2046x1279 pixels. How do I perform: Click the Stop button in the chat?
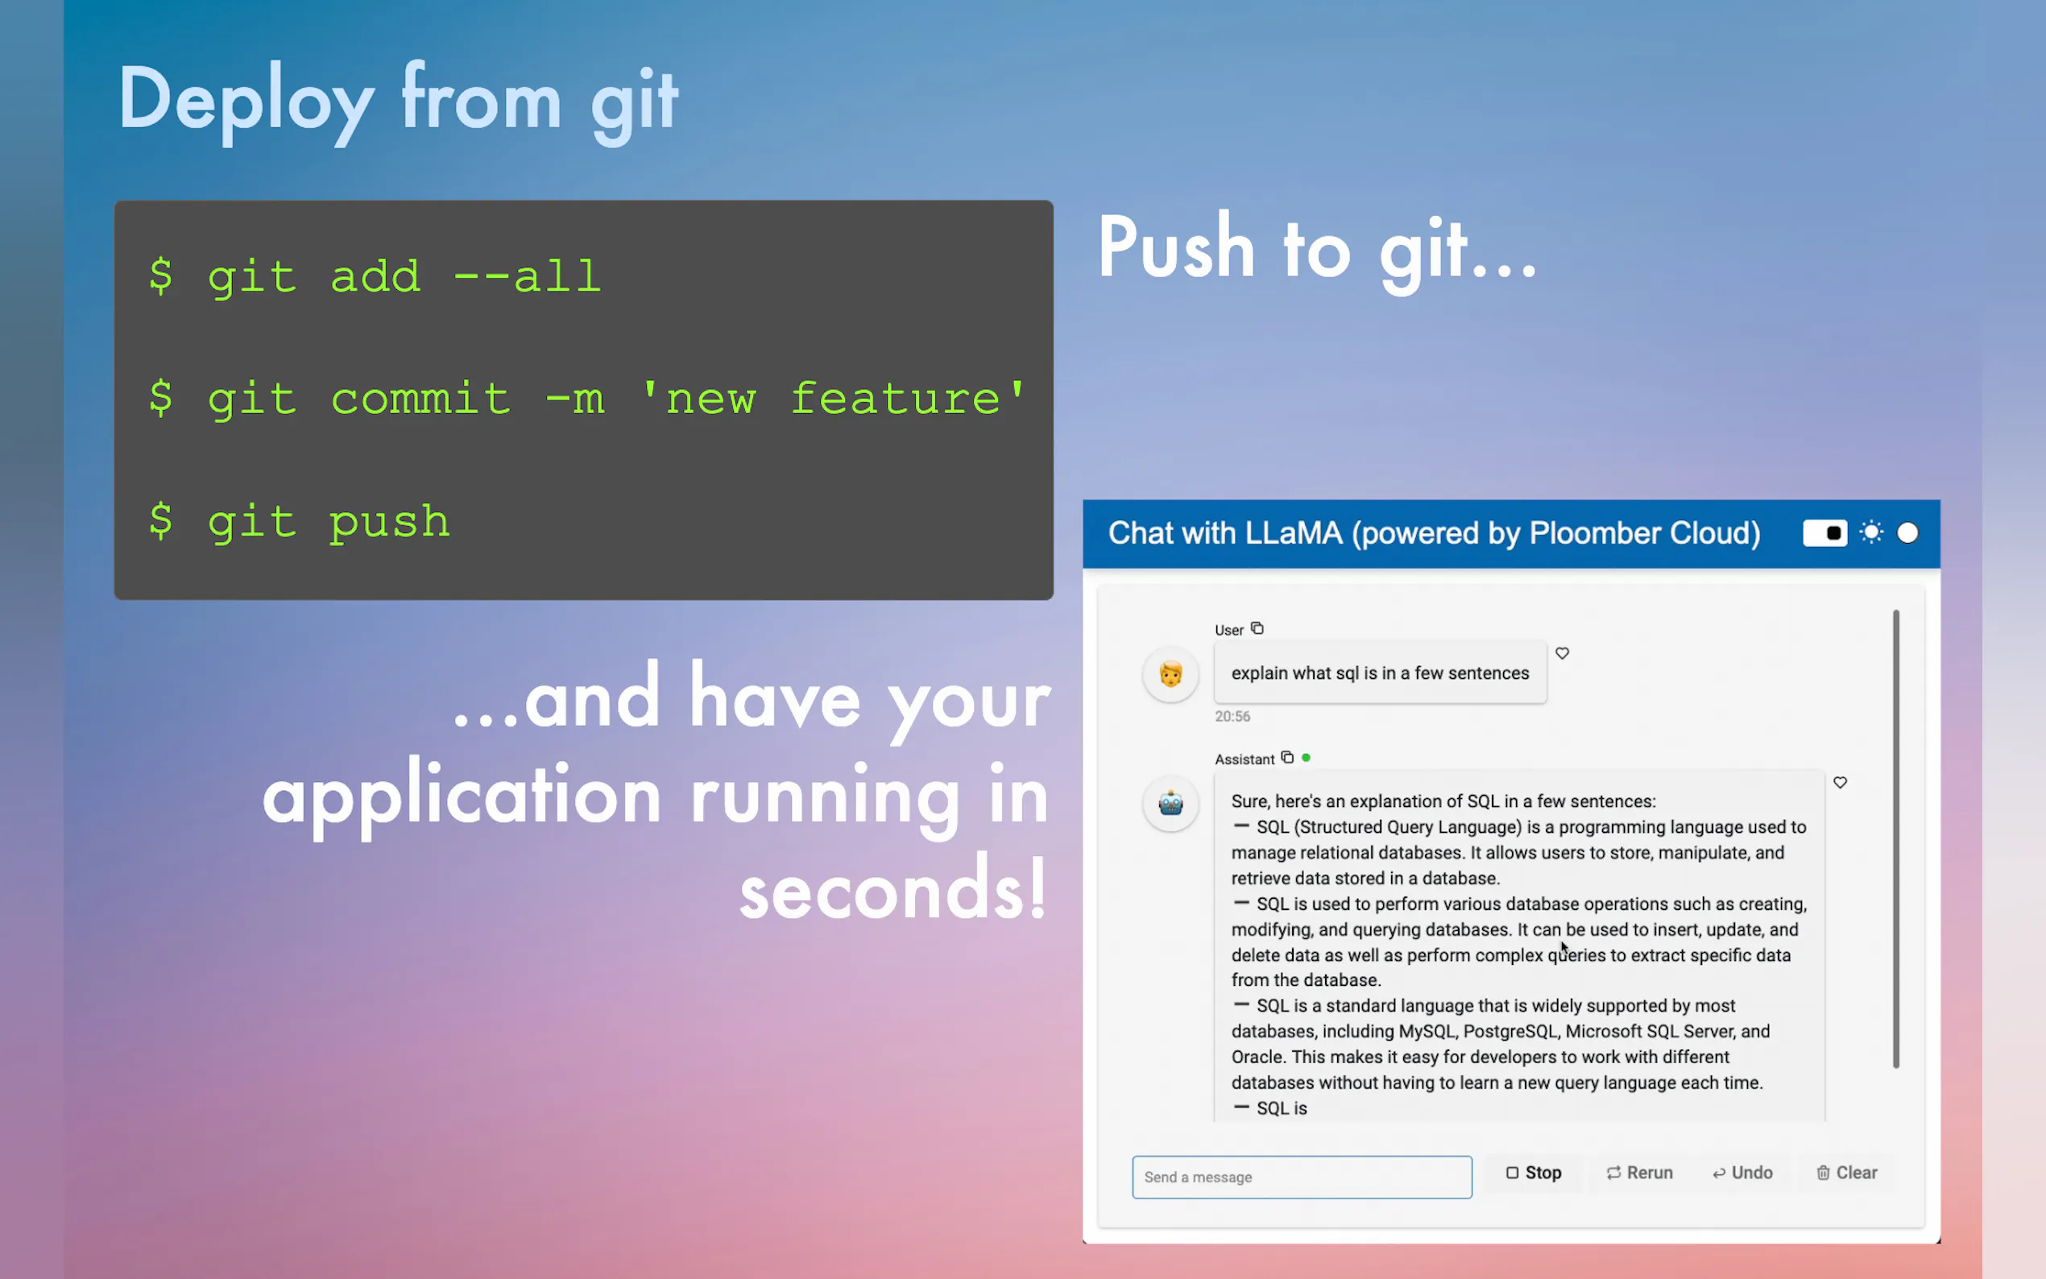(x=1533, y=1173)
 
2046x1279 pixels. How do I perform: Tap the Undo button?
(x=1742, y=1173)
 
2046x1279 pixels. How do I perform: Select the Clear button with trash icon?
(x=1846, y=1173)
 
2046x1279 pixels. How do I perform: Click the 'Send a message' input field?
(x=1302, y=1178)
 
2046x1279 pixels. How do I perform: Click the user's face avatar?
(x=1170, y=674)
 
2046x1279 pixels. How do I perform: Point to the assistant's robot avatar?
(x=1170, y=804)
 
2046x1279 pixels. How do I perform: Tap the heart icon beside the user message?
(x=1562, y=653)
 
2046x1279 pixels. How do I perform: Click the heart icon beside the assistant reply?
(x=1840, y=782)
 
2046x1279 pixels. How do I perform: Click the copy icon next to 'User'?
(x=1257, y=628)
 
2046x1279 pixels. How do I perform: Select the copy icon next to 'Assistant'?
(x=1287, y=758)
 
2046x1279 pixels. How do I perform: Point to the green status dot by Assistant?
(x=1306, y=758)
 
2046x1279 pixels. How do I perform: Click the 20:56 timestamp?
(x=1232, y=717)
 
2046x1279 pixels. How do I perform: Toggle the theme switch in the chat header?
(x=1824, y=533)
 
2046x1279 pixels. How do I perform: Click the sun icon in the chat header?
(x=1871, y=533)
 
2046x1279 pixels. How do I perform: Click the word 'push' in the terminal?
(x=389, y=523)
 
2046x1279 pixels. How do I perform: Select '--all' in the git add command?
(x=527, y=275)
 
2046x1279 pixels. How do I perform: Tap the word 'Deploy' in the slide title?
(x=246, y=103)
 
